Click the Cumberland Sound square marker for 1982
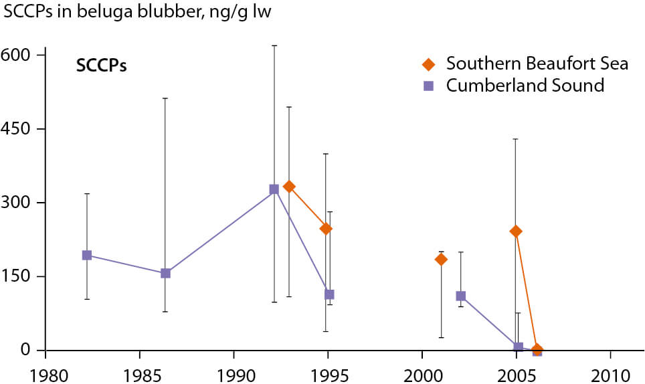(x=87, y=255)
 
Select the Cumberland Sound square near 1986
(x=165, y=273)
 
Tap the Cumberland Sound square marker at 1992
(x=274, y=189)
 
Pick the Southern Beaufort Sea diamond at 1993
(x=289, y=187)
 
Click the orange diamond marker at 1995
(x=326, y=229)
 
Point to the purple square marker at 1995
(x=329, y=294)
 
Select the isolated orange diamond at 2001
(x=441, y=259)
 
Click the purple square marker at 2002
(x=460, y=296)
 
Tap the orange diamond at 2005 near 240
(x=516, y=231)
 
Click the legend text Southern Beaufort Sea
(x=537, y=64)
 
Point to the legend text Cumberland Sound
(x=525, y=86)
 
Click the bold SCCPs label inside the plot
(x=101, y=67)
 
